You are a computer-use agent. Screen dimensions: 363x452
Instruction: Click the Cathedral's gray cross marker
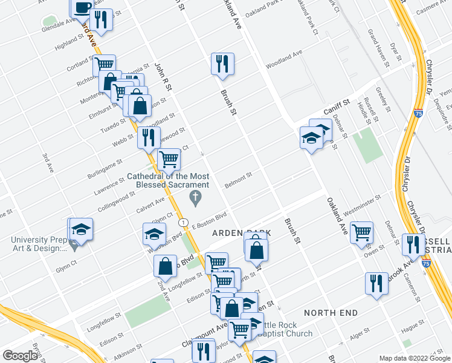[x=195, y=197]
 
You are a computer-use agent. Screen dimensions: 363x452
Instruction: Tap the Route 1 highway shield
[x=184, y=222]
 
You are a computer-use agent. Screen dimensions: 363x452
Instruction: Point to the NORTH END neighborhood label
[x=331, y=313]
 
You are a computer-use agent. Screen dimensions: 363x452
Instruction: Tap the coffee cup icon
[x=82, y=7]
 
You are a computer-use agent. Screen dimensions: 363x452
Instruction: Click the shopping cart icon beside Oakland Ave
[x=361, y=232]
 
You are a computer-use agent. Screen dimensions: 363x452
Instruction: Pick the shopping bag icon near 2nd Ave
[x=165, y=265]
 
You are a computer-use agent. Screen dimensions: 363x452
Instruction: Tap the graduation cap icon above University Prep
[x=81, y=229]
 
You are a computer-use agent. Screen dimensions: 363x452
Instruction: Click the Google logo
[x=19, y=356]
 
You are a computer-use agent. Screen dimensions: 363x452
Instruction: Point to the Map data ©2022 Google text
[x=414, y=358]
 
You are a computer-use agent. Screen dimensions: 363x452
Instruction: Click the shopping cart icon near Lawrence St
[x=169, y=159]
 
